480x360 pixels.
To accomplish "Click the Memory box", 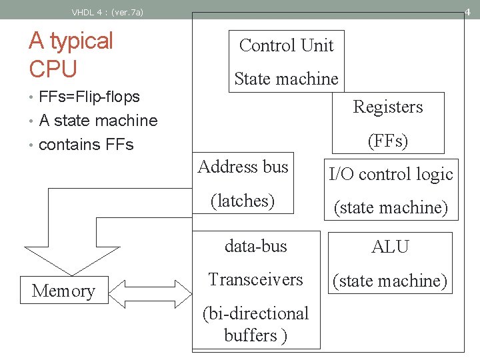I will click(63, 291).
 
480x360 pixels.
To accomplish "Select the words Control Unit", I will click(286, 45).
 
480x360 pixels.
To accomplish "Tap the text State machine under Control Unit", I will click(286, 79).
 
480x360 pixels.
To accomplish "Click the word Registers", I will click(387, 107).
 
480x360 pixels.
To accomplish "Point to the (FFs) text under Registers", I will click(387, 141).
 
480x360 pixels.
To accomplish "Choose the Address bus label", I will click(243, 167).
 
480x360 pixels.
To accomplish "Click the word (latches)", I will click(243, 200).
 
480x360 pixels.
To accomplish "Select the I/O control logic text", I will click(391, 175).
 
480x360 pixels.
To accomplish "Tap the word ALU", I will click(390, 247).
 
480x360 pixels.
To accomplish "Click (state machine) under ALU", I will click(390, 281).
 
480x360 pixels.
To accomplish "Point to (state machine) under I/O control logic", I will click(391, 207).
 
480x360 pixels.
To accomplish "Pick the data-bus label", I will click(255, 246).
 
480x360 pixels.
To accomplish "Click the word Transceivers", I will click(255, 279).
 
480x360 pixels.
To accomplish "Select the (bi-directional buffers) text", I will click(255, 324).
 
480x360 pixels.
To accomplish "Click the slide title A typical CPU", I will click(71, 54).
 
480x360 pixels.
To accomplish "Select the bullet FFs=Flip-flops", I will click(89, 97).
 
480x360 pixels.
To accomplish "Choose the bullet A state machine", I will click(98, 121).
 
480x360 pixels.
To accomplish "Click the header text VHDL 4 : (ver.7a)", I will click(107, 11).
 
